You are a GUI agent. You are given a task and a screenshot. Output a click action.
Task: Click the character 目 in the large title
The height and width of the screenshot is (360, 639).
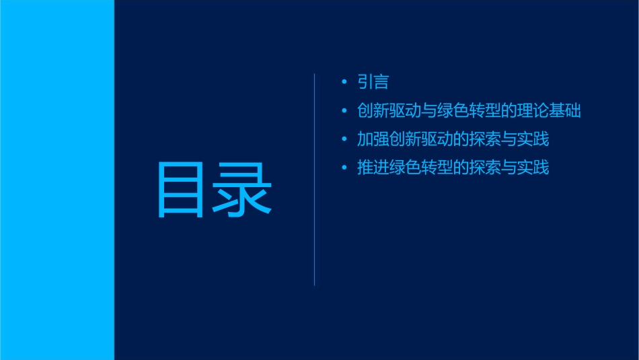(180, 190)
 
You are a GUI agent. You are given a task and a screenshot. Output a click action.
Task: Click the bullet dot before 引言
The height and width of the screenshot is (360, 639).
(344, 82)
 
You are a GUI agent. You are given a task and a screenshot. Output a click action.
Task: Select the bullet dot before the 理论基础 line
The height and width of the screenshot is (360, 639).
(344, 111)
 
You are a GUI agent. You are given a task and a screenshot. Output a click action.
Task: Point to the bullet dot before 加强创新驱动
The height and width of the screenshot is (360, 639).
(344, 139)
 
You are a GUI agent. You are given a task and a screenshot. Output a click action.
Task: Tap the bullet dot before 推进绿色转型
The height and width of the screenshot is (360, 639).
(344, 168)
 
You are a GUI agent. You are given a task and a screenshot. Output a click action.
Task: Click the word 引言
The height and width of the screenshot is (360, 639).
(373, 82)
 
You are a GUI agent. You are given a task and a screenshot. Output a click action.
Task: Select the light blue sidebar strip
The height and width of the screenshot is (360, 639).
(57, 180)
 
